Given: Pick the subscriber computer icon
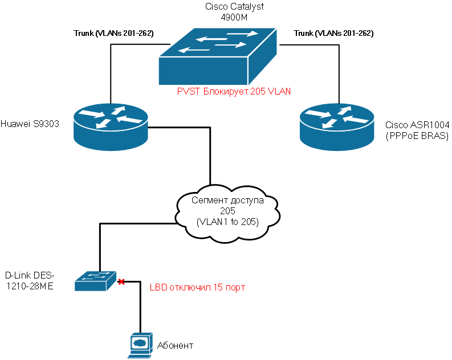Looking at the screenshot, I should click(x=139, y=345).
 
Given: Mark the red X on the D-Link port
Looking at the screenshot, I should click(x=121, y=281).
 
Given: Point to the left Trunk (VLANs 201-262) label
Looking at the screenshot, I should click(x=114, y=34).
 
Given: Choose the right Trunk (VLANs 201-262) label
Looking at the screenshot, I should click(x=333, y=34).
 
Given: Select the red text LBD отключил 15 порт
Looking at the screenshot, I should click(x=197, y=288).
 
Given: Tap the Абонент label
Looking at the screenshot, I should click(x=174, y=345).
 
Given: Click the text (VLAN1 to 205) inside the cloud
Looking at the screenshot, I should click(x=227, y=222).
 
